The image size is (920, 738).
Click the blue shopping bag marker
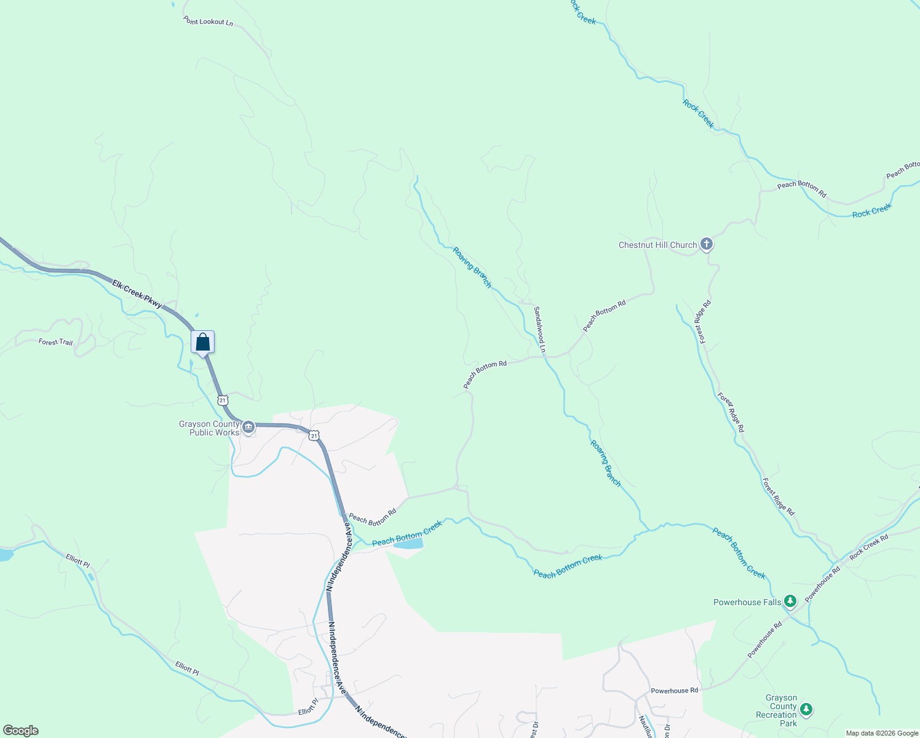202,343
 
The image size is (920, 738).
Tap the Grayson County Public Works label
209,428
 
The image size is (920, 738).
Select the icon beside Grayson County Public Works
248,427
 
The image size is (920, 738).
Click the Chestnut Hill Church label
657,245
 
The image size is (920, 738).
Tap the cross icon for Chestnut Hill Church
707,244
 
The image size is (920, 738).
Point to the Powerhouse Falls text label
747,602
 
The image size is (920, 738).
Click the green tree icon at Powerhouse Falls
790,601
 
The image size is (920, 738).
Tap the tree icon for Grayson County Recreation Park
806,710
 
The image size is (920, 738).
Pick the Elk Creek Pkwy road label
137,293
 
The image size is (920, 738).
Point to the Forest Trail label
55,342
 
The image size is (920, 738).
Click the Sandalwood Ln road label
539,329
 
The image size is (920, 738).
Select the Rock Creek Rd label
869,546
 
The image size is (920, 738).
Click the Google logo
20,731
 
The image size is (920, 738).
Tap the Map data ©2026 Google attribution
882,733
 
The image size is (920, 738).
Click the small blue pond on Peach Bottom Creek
408,544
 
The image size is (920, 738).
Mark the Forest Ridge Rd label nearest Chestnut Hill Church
704,321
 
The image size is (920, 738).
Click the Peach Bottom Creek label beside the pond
406,533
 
